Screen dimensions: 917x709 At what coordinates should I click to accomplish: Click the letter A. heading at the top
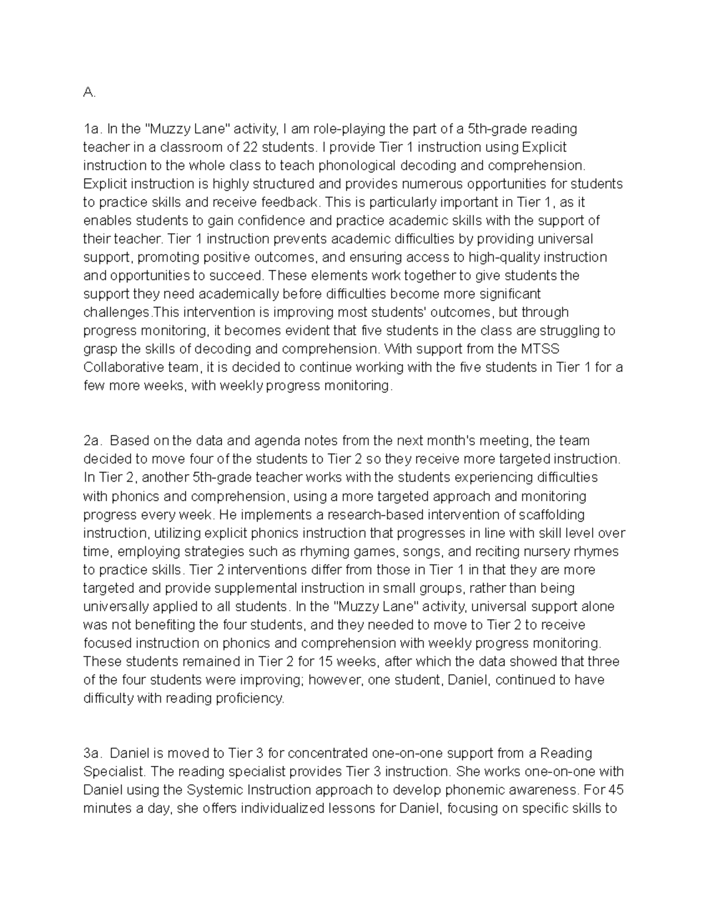point(89,92)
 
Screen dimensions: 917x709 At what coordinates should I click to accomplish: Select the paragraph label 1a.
point(93,129)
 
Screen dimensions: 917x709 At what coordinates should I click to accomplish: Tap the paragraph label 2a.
point(93,440)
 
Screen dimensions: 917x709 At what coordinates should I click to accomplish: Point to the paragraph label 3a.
point(93,753)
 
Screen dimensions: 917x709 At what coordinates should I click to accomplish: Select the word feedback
point(292,202)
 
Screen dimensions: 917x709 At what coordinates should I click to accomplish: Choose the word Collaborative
point(119,367)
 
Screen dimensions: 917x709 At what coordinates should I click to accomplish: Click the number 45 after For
point(615,790)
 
